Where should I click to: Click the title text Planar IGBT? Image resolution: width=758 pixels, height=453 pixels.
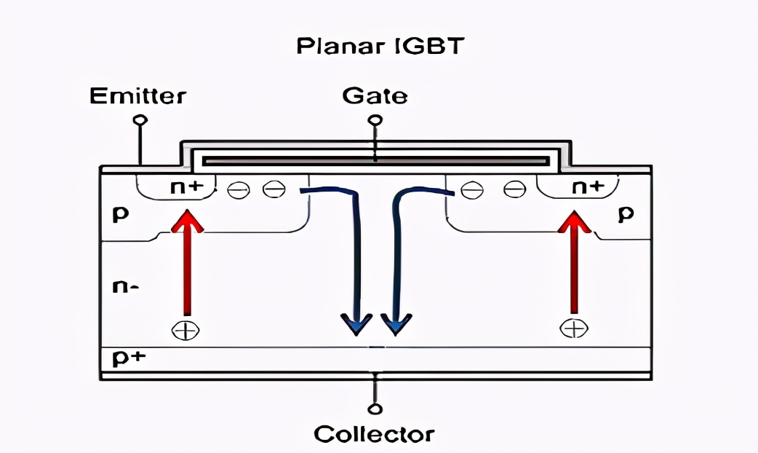click(x=379, y=47)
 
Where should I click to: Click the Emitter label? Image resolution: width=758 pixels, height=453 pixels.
click(x=137, y=95)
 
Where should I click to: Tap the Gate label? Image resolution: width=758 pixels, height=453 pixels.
click(x=375, y=95)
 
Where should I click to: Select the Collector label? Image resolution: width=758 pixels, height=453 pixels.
click(x=374, y=434)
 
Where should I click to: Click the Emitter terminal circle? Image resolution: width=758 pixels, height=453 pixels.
click(x=141, y=119)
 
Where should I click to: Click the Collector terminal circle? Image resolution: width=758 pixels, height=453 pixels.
click(x=375, y=409)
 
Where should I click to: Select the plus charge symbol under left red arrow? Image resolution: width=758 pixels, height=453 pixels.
click(x=185, y=330)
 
